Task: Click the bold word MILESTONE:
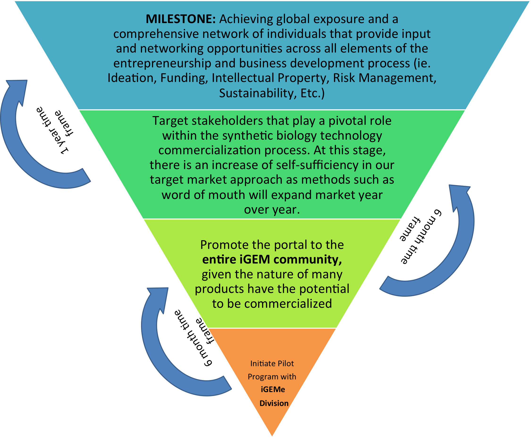coord(180,19)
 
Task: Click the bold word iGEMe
coord(273,389)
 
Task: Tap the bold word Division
coord(274,403)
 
